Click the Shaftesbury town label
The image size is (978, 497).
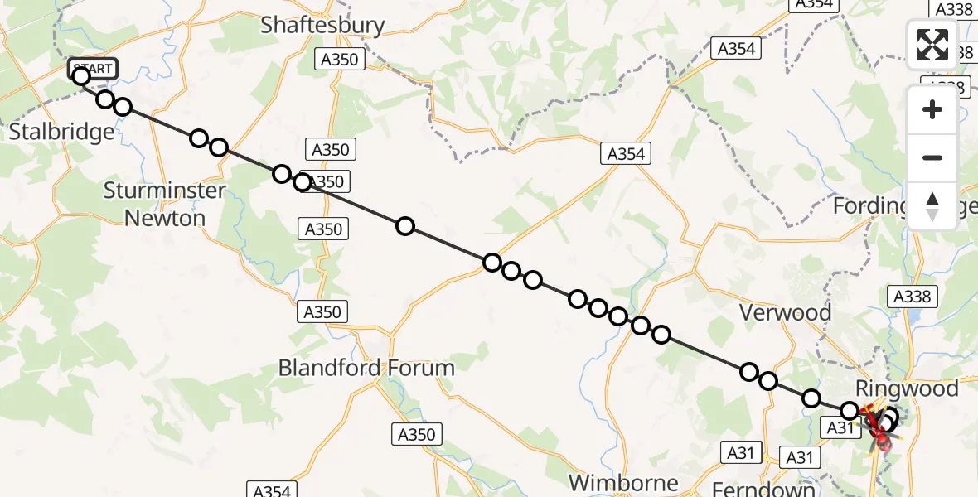click(x=322, y=25)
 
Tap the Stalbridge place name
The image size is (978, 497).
click(x=61, y=132)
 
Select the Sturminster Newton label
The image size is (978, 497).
click(x=164, y=204)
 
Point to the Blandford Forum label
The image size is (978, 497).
click(x=366, y=368)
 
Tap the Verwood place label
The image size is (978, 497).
click(x=785, y=312)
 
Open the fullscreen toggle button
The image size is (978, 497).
click(x=932, y=45)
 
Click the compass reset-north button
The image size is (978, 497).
click(x=932, y=205)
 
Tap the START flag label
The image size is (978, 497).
click(x=93, y=68)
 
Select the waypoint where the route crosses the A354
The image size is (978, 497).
click(x=492, y=263)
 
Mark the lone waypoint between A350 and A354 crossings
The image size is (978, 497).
click(x=404, y=225)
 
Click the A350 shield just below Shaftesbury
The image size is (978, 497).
click(x=339, y=60)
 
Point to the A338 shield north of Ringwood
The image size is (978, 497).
click(x=913, y=296)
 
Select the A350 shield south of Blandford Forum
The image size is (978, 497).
click(x=415, y=433)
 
